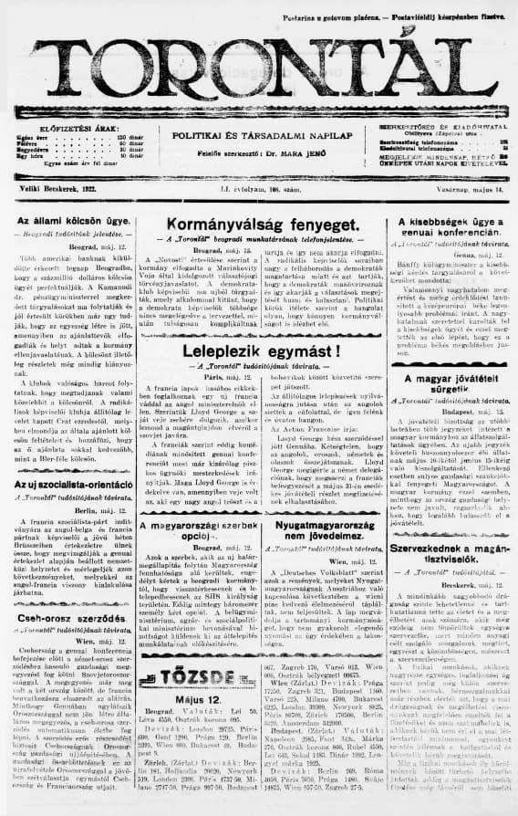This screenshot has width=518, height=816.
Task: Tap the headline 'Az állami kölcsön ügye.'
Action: pos(75,222)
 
